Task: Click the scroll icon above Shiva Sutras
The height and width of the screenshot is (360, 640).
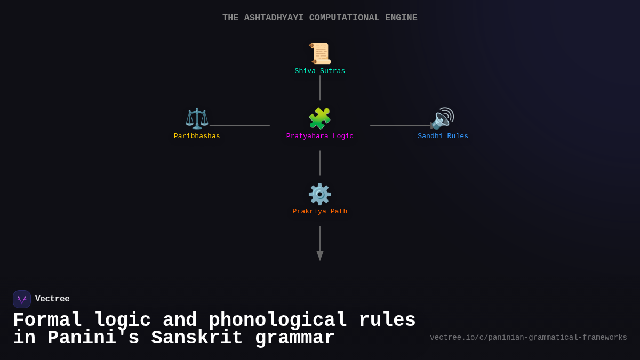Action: pos(320,53)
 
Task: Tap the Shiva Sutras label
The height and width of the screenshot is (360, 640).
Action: pos(320,71)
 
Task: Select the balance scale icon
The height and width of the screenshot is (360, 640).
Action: pos(197,118)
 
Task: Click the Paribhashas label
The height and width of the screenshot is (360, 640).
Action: pos(197,137)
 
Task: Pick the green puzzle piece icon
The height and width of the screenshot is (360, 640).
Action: pos(320,118)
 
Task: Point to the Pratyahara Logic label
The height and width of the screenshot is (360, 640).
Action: pos(320,137)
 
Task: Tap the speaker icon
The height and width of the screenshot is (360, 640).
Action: pos(442,118)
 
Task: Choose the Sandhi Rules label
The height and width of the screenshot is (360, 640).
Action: pos(443,137)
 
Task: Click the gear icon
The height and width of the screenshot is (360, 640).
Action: pos(320,194)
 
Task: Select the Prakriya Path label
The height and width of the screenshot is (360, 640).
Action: pos(320,212)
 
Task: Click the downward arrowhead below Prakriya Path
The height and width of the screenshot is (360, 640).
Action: pos(320,256)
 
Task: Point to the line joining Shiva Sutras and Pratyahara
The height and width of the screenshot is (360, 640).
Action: pos(320,87)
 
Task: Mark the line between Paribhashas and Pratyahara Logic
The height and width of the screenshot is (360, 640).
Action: pos(239,126)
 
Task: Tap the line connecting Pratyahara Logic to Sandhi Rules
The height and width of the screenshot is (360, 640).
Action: pos(400,126)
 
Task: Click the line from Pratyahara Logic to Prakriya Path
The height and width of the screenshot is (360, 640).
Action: pos(320,163)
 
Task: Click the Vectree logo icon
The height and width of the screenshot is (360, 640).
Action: pos(22,299)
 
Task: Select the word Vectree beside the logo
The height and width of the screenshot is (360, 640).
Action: pos(52,299)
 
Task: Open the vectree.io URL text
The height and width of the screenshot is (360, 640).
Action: pos(529,338)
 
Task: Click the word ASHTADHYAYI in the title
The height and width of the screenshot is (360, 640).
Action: pos(274,18)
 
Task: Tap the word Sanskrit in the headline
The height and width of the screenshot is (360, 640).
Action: pos(197,339)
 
